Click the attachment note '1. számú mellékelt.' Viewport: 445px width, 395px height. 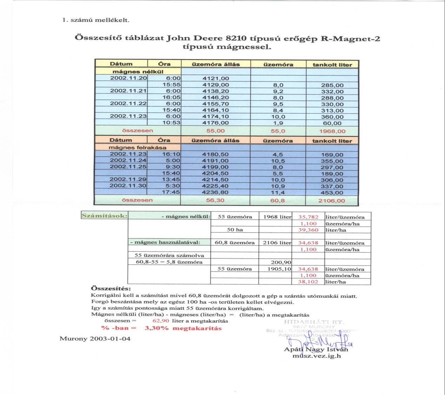95,20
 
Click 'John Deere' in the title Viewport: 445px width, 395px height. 190,38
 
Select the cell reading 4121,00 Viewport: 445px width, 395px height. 215,79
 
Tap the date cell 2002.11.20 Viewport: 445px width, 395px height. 128,78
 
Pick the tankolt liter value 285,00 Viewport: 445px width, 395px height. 332,85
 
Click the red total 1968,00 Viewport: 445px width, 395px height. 332,131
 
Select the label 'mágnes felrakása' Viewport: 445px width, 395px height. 137,147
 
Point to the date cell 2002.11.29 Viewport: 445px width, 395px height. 128,179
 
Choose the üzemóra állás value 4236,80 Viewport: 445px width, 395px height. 215,192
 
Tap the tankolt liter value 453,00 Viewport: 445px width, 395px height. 332,193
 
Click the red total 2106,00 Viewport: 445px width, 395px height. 332,201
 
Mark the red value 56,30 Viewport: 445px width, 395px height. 215,200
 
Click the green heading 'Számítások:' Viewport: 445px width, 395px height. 104,216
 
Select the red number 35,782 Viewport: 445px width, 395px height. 308,217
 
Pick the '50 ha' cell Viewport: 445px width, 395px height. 235,230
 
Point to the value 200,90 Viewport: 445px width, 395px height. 281,262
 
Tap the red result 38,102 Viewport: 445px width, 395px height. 308,282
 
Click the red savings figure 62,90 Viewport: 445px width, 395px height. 161,321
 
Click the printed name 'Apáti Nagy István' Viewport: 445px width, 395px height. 316,349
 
